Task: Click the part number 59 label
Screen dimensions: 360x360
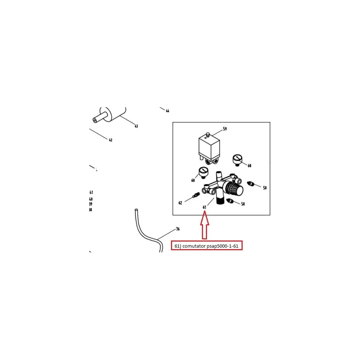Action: [225, 129]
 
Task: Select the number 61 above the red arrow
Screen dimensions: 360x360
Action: [204, 207]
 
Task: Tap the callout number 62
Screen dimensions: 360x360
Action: [180, 203]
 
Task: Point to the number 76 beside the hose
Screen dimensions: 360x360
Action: [178, 229]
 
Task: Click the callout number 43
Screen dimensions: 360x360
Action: [136, 126]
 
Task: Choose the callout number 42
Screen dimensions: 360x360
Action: [111, 140]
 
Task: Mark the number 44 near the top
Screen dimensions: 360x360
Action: [167, 111]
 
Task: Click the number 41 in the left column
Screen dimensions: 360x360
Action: [91, 192]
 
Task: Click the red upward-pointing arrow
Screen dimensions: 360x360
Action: [204, 225]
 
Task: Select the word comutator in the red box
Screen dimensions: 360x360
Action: [194, 246]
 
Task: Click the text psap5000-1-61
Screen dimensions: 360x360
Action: [222, 246]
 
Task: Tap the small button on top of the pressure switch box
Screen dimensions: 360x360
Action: [208, 135]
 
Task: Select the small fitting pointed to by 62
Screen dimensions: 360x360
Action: [196, 195]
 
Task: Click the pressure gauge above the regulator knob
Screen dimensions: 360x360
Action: [237, 160]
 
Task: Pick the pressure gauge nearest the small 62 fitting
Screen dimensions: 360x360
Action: [203, 172]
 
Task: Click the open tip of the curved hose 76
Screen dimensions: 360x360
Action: [136, 210]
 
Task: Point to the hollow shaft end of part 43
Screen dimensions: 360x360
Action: [95, 120]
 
